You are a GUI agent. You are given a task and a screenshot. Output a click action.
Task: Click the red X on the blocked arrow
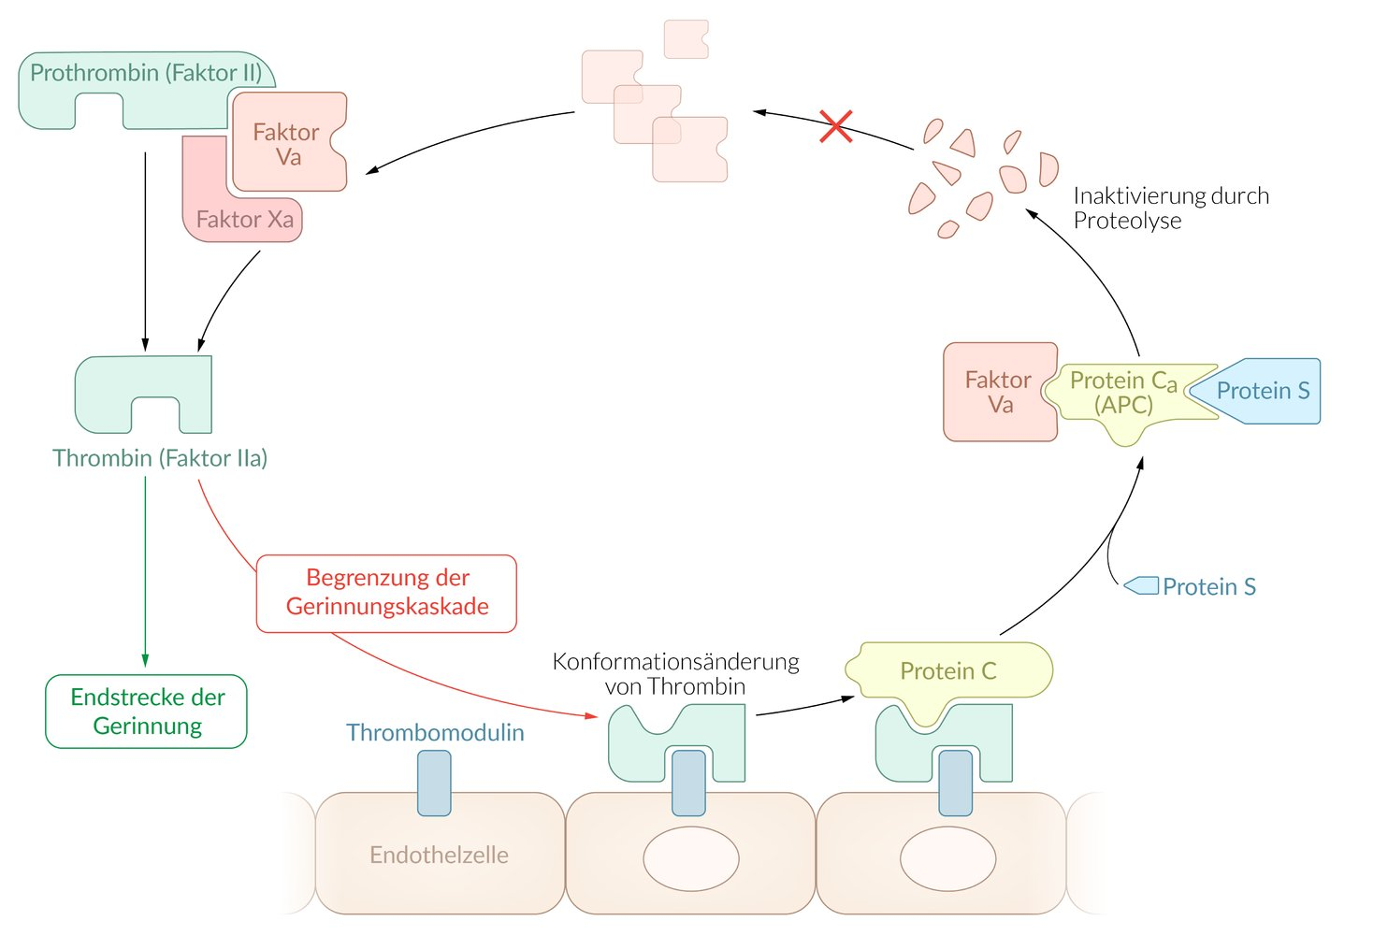[x=835, y=126]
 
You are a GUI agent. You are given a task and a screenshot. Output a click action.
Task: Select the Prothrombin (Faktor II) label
[x=146, y=73]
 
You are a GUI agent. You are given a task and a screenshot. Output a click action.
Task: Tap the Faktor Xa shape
[x=243, y=219]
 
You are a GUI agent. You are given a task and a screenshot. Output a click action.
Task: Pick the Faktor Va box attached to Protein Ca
[x=998, y=392]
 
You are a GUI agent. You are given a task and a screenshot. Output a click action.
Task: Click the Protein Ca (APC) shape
[x=1122, y=394]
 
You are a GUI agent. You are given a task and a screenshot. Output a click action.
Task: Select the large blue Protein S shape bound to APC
[x=1262, y=391]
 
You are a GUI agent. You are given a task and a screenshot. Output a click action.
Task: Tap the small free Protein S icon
[x=1142, y=586]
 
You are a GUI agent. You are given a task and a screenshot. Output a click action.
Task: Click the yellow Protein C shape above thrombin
[x=947, y=670]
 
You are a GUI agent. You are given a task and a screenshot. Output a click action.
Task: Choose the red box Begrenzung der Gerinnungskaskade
[x=386, y=593]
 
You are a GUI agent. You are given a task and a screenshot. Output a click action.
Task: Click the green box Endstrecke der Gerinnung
[x=147, y=712]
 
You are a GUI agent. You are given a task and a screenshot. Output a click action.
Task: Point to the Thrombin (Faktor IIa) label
[x=160, y=458]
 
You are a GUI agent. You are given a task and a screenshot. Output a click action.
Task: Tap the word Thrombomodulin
[x=435, y=732]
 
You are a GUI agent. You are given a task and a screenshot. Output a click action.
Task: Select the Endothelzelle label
[x=439, y=855]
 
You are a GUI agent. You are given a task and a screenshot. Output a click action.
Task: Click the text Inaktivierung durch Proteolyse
[x=1170, y=208]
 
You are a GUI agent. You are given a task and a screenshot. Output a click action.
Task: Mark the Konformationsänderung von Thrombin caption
[x=675, y=673]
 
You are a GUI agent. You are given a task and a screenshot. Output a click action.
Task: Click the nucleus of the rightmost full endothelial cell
[x=947, y=858]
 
